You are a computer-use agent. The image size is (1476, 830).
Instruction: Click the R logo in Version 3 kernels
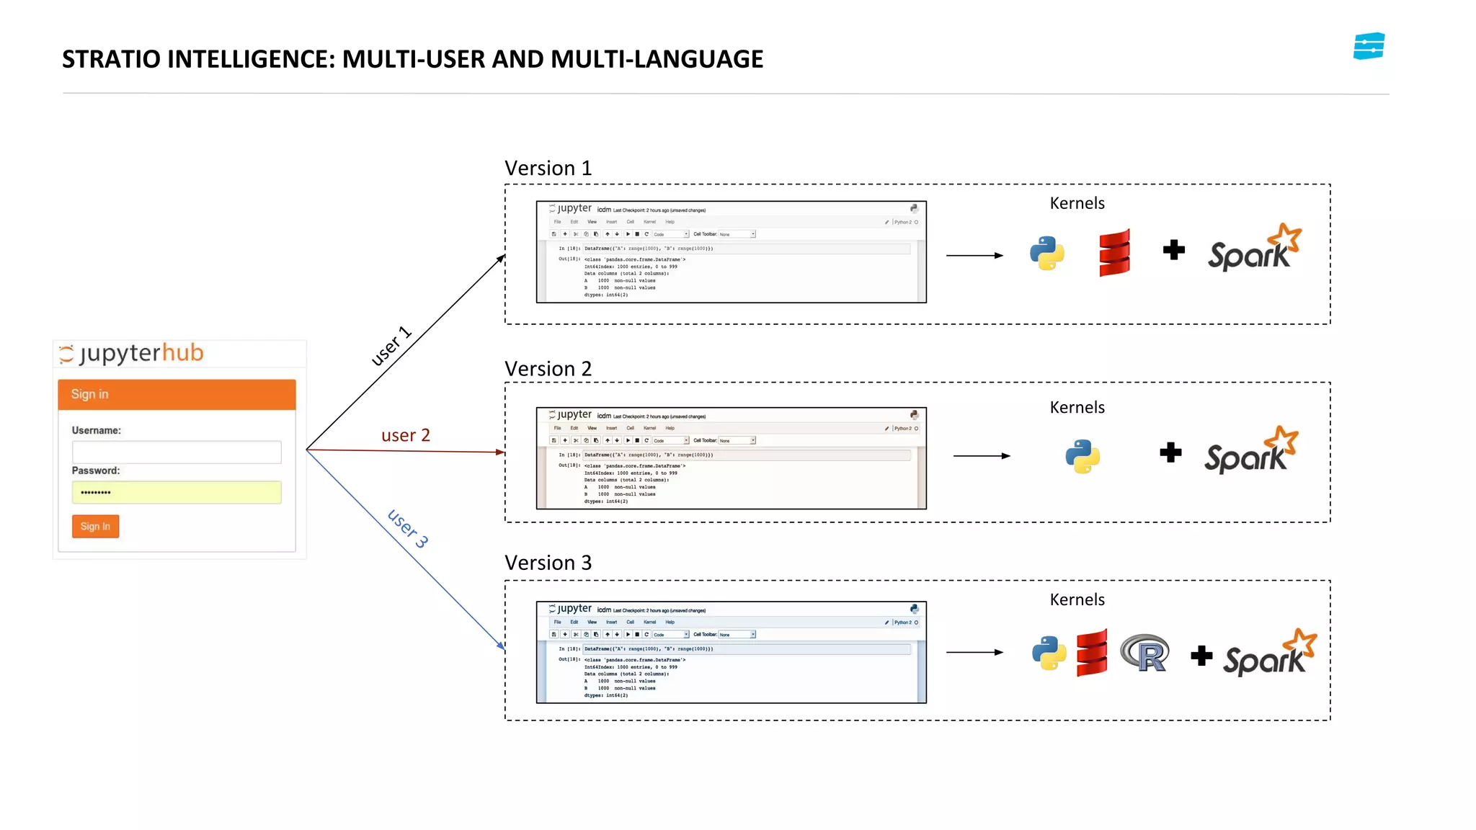(1145, 653)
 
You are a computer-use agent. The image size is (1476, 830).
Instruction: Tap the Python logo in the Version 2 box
(1082, 456)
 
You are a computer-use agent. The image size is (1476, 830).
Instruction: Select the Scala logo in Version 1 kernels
(1114, 253)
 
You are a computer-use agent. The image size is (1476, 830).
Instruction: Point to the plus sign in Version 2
(1170, 452)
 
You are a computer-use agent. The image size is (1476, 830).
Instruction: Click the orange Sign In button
(95, 526)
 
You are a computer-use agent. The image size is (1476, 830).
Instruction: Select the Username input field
(177, 452)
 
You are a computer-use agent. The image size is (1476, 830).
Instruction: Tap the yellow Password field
(177, 492)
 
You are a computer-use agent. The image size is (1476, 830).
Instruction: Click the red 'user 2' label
(405, 435)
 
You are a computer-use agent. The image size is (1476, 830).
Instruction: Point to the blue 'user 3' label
(408, 528)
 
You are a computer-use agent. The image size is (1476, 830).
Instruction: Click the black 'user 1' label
(391, 346)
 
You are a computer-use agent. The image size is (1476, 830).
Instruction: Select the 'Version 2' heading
(548, 369)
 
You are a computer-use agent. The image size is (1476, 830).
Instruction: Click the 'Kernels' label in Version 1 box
(1077, 203)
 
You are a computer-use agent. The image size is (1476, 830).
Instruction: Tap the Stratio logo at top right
(1368, 46)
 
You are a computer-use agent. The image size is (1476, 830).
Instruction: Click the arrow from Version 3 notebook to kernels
(974, 652)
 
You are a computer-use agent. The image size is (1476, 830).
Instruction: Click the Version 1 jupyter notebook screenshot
(731, 252)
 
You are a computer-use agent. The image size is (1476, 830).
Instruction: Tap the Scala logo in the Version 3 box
(1092, 653)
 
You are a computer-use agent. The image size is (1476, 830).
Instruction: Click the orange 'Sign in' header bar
(177, 394)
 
